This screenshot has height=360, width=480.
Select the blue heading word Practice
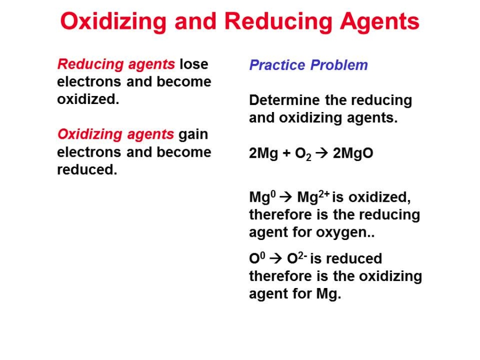point(277,65)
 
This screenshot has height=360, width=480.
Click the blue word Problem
point(339,65)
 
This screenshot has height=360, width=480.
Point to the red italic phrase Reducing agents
point(116,65)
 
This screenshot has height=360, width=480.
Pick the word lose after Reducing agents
point(194,65)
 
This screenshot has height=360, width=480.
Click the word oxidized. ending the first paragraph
point(88,99)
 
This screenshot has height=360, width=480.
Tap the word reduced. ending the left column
point(87,170)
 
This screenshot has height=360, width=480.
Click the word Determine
point(285,100)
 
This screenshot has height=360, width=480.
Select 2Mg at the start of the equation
point(263,154)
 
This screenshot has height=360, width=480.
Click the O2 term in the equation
point(303,154)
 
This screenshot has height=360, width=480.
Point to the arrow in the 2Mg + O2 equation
point(322,153)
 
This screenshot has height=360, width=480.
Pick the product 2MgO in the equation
point(353,154)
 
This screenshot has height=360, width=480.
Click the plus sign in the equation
point(286,154)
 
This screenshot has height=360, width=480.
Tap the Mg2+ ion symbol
point(313,196)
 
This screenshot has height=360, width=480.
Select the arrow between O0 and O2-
point(276,258)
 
